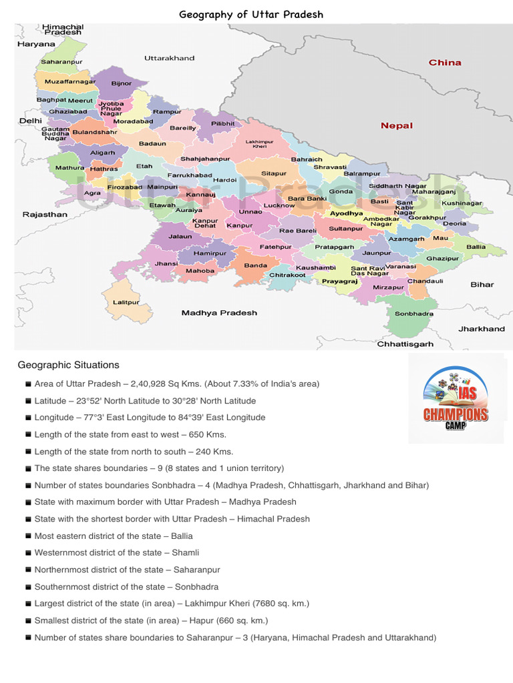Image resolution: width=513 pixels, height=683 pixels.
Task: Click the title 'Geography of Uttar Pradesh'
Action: click(x=251, y=15)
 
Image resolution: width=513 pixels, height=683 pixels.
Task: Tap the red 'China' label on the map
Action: click(x=445, y=62)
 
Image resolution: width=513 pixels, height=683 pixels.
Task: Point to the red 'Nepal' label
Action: click(x=397, y=125)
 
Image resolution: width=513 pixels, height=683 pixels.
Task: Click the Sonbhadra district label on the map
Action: click(x=413, y=313)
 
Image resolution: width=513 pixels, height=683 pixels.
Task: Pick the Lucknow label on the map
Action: click(x=279, y=205)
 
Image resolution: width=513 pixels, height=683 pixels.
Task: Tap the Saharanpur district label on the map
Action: click(x=61, y=61)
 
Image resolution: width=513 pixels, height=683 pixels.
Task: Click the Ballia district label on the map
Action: click(x=476, y=247)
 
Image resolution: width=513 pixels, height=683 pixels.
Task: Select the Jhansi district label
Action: click(x=166, y=263)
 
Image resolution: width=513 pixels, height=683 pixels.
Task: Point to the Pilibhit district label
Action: click(x=223, y=123)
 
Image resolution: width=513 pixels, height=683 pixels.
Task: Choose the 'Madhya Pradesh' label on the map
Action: click(x=219, y=313)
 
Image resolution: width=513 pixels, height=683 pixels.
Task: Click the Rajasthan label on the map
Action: click(x=45, y=215)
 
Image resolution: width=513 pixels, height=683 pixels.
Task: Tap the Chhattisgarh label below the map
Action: click(x=405, y=344)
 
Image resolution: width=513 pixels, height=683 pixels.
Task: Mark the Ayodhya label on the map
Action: click(x=346, y=213)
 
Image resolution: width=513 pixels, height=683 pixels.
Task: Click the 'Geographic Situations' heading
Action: click(x=69, y=365)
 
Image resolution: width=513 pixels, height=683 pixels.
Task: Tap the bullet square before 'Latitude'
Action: click(x=28, y=402)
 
